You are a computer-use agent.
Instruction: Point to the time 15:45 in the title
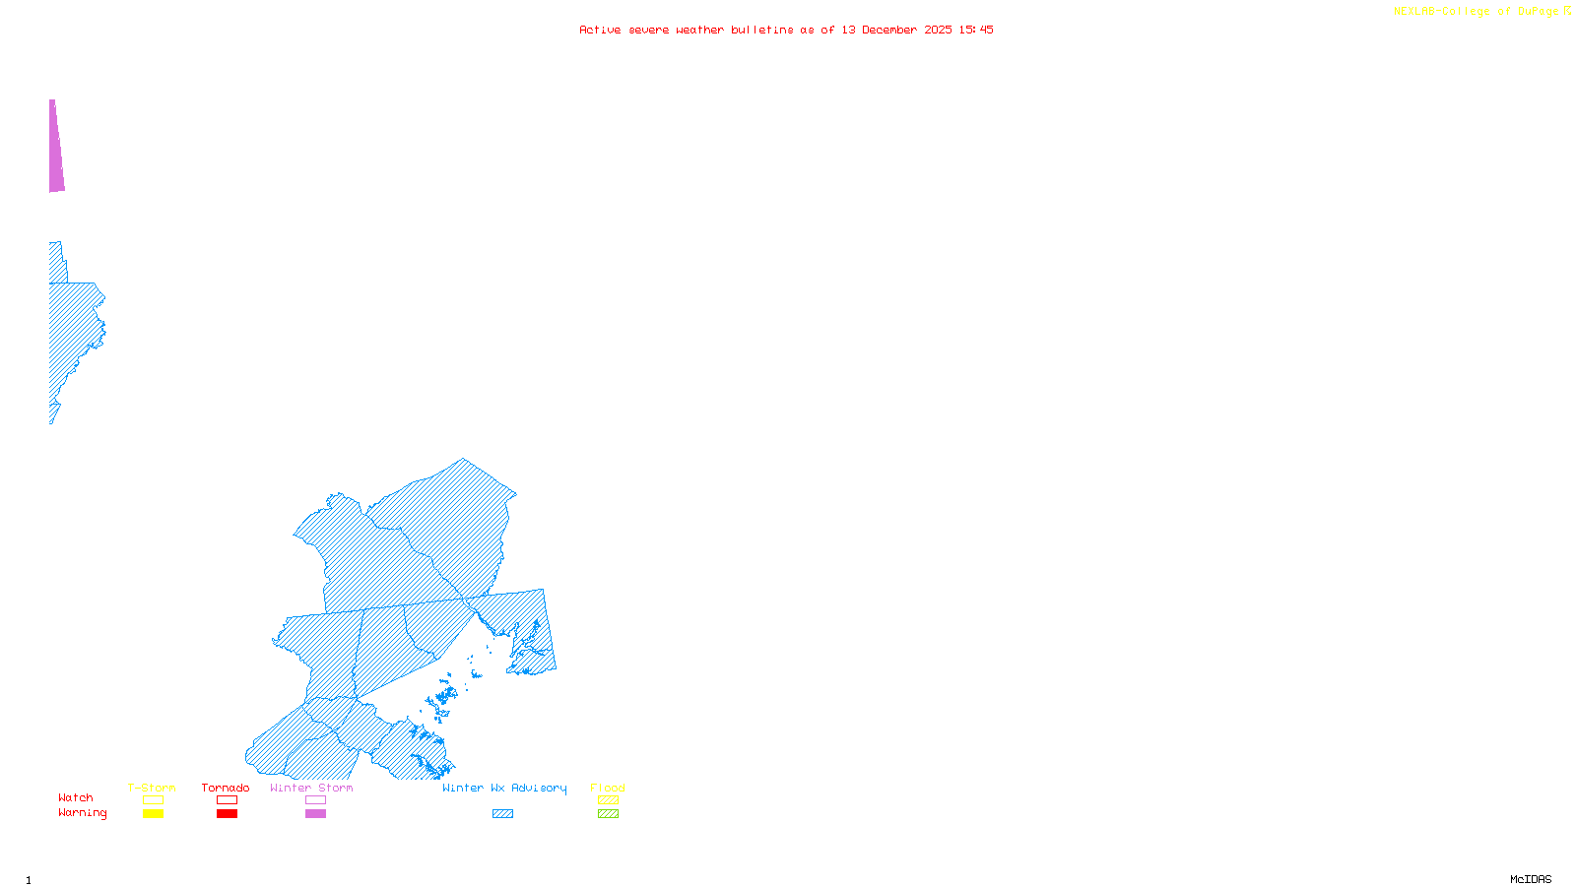(975, 30)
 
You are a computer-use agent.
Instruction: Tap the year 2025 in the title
(938, 30)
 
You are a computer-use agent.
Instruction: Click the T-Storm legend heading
(152, 788)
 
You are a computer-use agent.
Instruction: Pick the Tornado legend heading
(226, 788)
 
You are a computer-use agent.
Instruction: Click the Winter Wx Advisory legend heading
(504, 788)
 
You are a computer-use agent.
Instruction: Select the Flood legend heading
(608, 788)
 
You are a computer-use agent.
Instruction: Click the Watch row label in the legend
(76, 797)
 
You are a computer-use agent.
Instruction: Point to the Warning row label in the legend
(82, 813)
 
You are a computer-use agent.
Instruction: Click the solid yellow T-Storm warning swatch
(153, 814)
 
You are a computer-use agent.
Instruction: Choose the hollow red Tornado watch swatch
(227, 800)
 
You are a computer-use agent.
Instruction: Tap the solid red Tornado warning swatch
(227, 814)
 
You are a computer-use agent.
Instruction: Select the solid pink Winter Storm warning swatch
(315, 814)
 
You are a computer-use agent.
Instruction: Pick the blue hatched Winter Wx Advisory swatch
(502, 814)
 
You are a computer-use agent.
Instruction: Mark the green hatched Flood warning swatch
(608, 814)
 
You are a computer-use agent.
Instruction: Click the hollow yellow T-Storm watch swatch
(153, 800)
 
